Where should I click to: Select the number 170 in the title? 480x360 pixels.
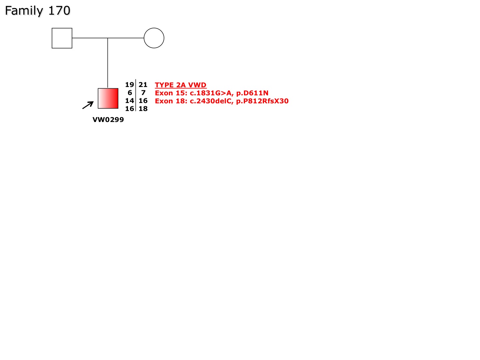point(59,10)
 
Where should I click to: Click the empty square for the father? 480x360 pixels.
point(62,38)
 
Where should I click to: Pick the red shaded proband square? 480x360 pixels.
point(108,98)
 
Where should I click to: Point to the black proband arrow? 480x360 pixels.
point(88,105)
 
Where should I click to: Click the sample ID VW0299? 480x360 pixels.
point(108,120)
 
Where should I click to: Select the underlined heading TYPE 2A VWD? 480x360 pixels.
point(181,85)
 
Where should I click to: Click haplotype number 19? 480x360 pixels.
point(129,85)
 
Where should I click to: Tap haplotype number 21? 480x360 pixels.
point(143,85)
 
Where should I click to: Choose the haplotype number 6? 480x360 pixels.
point(130,93)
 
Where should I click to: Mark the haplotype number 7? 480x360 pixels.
point(143,93)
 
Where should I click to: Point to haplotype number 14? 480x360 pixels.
point(129,101)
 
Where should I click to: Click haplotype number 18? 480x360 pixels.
point(143,109)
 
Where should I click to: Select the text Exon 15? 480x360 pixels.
point(171,93)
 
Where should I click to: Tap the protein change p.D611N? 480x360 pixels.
point(252,93)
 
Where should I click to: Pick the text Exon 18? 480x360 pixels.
point(171,101)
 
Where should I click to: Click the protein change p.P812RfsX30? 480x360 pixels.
point(262,101)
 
